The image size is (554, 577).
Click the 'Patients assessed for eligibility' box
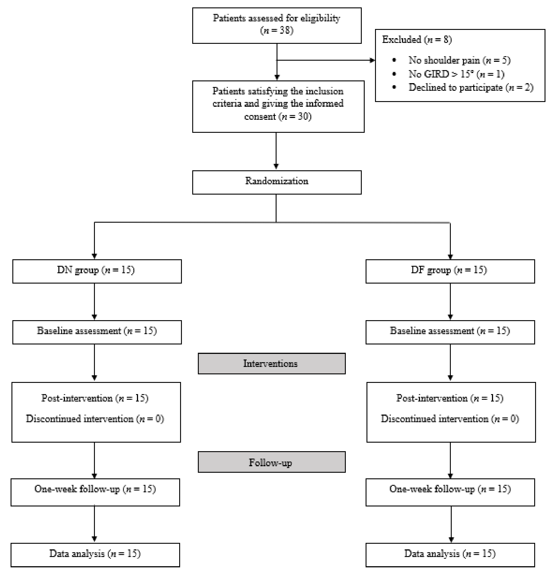click(277, 26)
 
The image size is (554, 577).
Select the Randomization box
click(277, 182)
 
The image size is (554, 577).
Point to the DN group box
click(97, 271)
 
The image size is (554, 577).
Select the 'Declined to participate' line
click(471, 88)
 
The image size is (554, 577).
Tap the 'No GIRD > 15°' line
click(456, 74)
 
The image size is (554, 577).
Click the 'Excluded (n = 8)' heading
click(417, 40)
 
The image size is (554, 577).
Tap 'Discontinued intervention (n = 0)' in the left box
click(95, 419)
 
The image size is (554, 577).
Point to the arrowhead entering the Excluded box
click(372, 60)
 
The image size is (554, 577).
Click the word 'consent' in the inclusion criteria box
click(260, 117)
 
